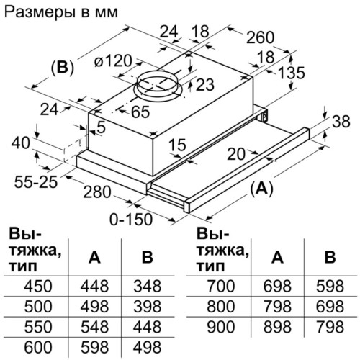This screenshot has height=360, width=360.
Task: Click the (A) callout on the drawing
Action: (261, 188)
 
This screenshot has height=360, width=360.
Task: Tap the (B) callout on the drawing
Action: (63, 68)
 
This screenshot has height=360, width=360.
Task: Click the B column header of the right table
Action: (330, 258)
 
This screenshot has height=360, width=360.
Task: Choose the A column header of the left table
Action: (94, 258)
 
